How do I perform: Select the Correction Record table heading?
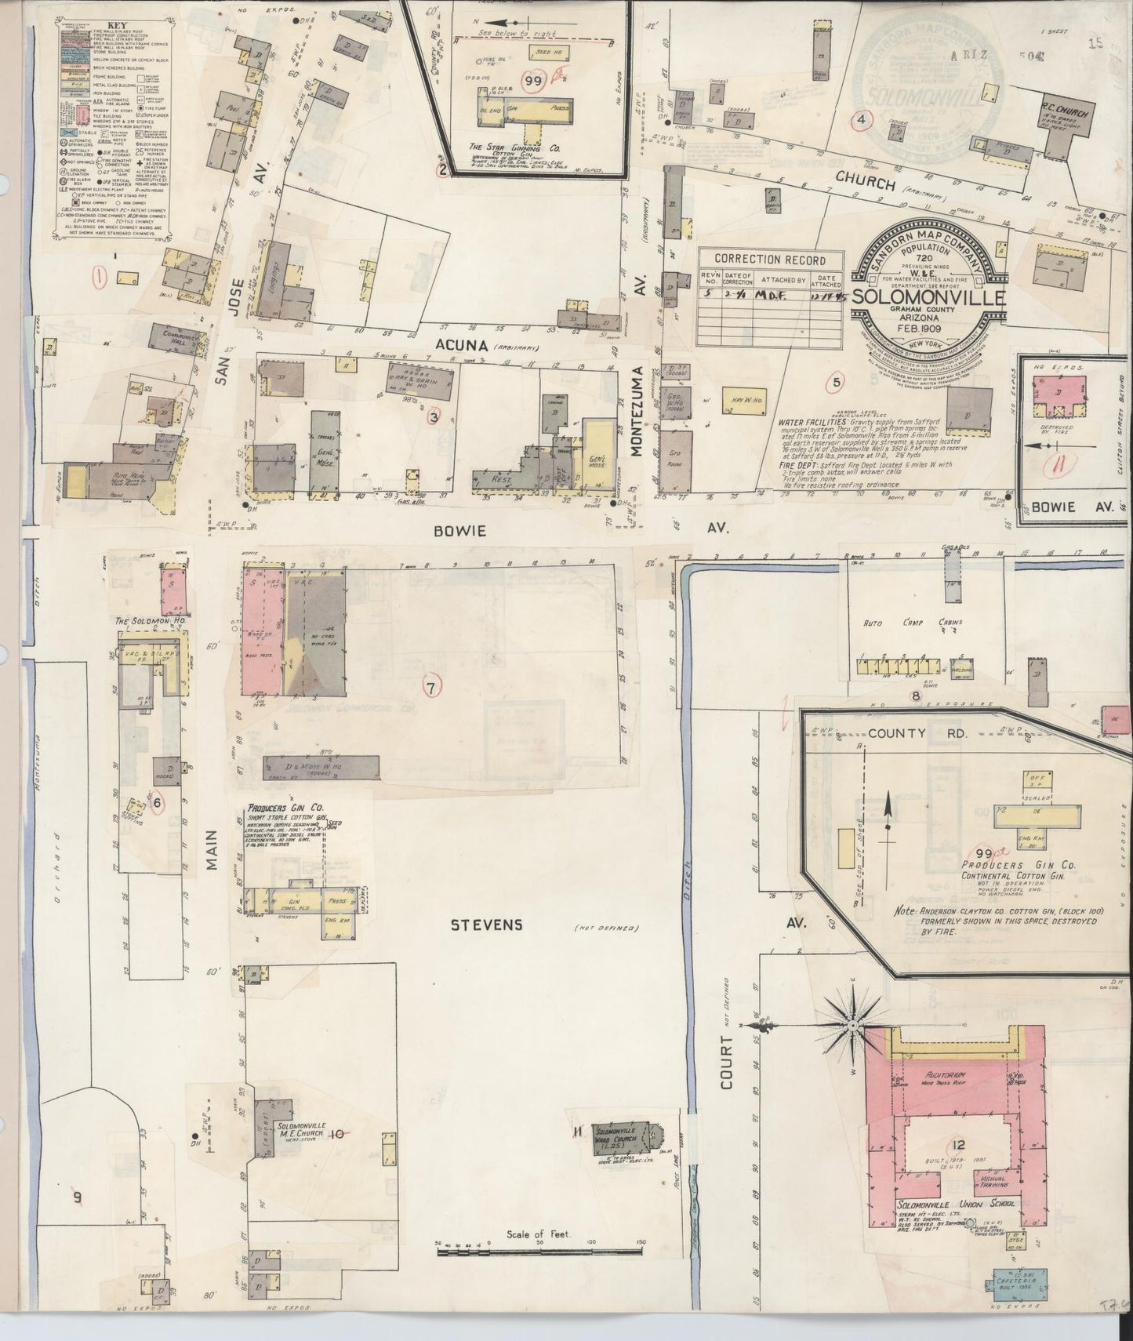click(770, 260)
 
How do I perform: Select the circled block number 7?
click(430, 688)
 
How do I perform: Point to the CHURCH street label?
click(865, 184)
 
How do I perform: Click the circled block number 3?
click(433, 417)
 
